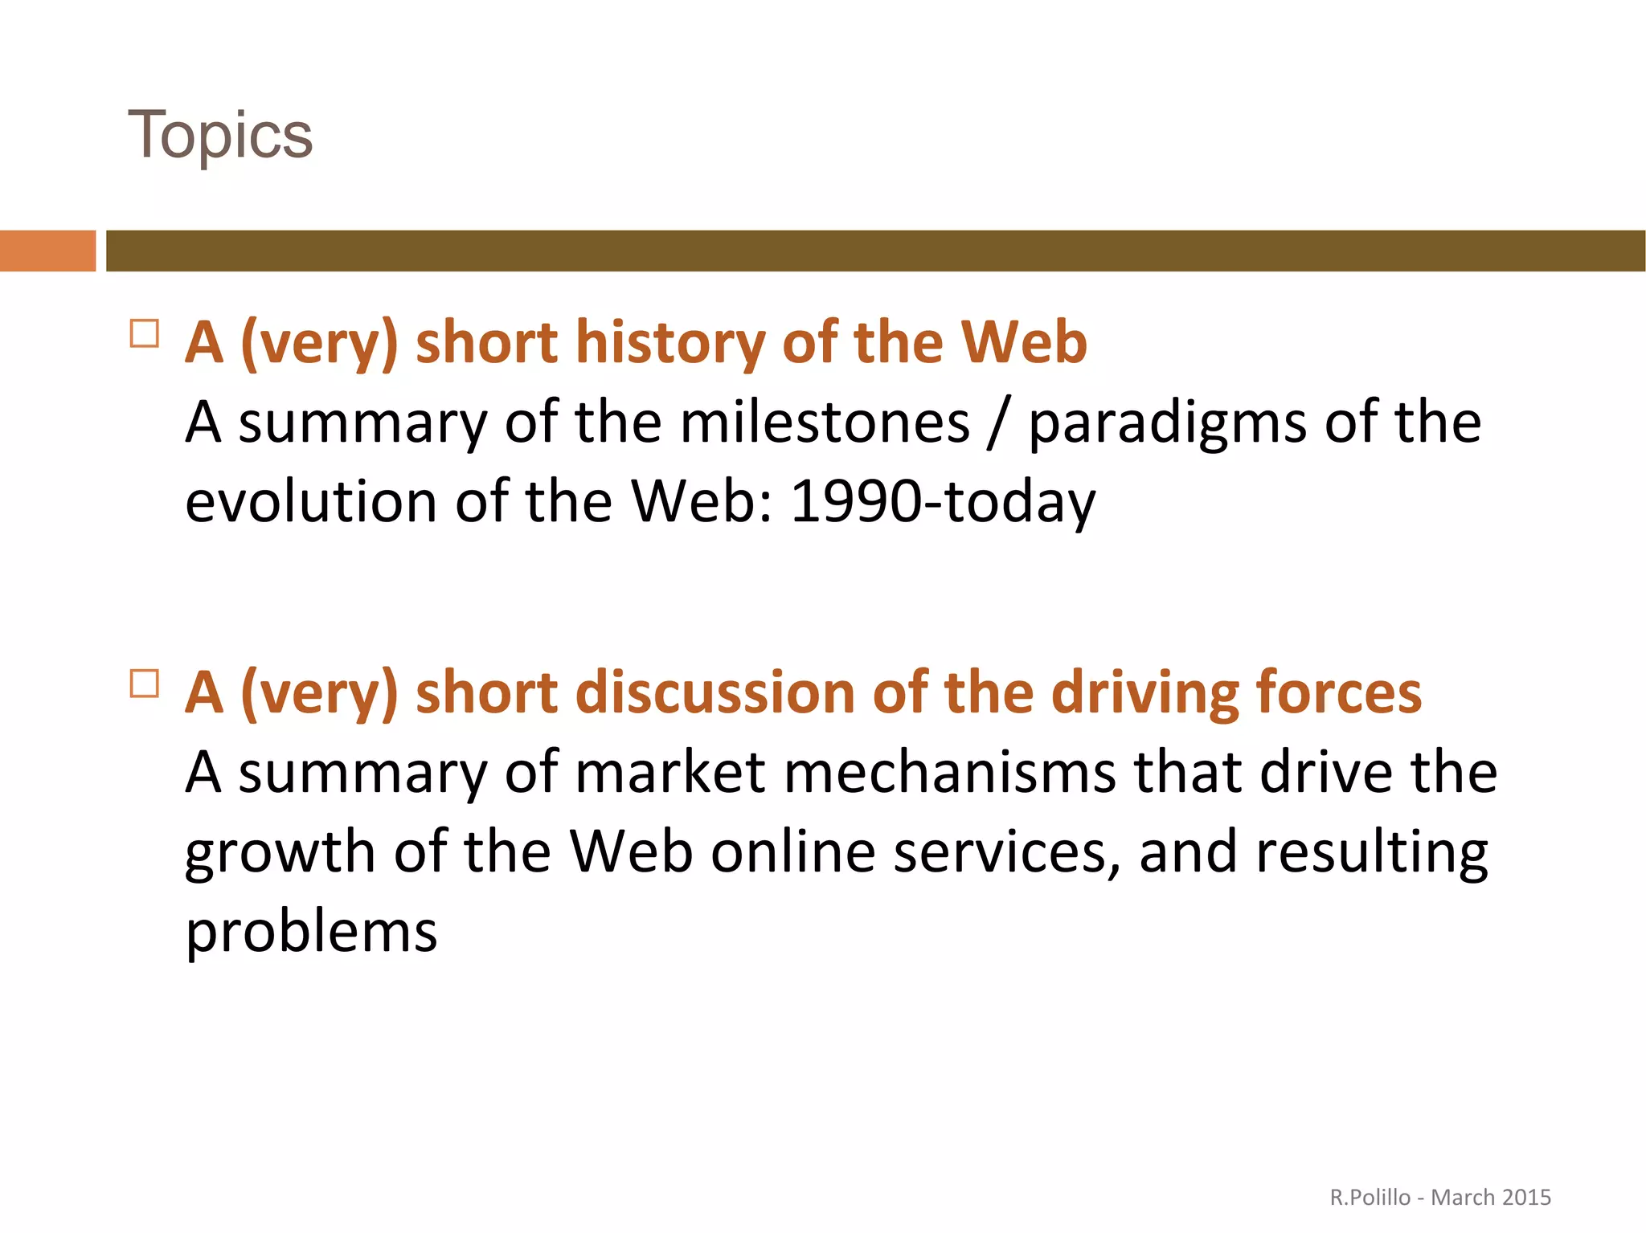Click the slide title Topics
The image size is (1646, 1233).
point(219,135)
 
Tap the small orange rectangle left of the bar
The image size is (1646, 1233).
point(47,251)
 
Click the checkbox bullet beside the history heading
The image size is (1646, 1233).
point(145,333)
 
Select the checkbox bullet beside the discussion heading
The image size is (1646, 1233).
point(145,683)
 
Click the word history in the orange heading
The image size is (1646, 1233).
point(670,342)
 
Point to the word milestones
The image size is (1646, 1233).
point(825,423)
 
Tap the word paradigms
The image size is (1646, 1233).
point(1168,424)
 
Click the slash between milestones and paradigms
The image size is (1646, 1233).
point(998,424)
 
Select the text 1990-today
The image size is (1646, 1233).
point(943,502)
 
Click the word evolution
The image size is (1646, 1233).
point(311,501)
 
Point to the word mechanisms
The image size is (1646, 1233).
point(950,773)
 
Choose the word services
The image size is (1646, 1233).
point(1006,853)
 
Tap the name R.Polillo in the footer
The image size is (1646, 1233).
point(1370,1198)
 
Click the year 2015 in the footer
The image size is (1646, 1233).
point(1525,1198)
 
